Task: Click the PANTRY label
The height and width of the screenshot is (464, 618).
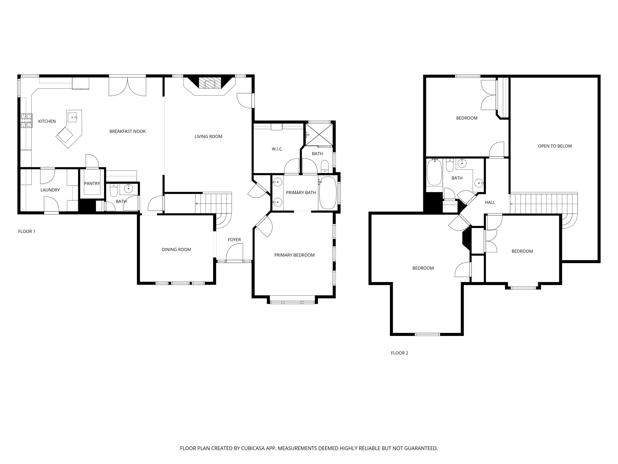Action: click(x=92, y=184)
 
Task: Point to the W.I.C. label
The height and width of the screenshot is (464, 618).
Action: click(x=277, y=149)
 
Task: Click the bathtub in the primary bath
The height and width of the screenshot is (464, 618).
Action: click(x=328, y=193)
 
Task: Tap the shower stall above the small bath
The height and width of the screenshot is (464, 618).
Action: click(x=319, y=134)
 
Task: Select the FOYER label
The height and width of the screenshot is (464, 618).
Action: click(x=234, y=240)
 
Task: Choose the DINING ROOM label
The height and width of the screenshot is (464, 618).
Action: click(x=176, y=250)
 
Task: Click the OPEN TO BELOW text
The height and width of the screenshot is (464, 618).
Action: click(x=555, y=146)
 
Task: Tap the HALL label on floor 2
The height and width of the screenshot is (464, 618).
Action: click(x=490, y=203)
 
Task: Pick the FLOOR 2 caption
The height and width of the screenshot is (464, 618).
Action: click(x=399, y=353)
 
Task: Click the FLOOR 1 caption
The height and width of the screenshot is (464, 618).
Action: click(x=27, y=231)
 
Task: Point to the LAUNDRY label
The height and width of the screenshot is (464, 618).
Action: click(x=50, y=190)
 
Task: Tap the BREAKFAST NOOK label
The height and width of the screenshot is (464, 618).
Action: click(x=127, y=131)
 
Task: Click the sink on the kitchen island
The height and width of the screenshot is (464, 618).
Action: click(x=73, y=117)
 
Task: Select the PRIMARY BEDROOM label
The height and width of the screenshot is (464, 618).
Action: click(x=294, y=255)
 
